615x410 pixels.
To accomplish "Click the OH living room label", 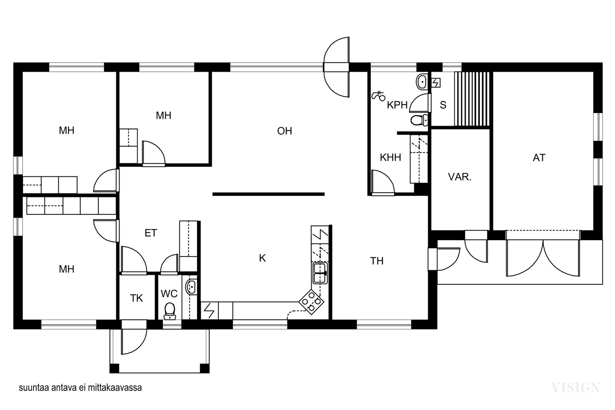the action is pyautogui.click(x=284, y=131).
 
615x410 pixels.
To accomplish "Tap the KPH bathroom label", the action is pyautogui.click(x=397, y=105).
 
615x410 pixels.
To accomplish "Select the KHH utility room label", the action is pyautogui.click(x=391, y=158).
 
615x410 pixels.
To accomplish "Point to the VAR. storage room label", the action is pyautogui.click(x=460, y=177).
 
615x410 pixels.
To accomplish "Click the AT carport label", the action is pyautogui.click(x=539, y=158).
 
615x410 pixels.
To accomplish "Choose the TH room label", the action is pyautogui.click(x=377, y=261).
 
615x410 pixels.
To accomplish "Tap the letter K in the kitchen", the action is pyautogui.click(x=263, y=258).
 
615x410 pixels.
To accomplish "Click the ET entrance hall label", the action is pyautogui.click(x=151, y=233).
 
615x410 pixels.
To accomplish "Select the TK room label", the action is pyautogui.click(x=136, y=298).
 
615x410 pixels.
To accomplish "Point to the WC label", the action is pyautogui.click(x=169, y=294).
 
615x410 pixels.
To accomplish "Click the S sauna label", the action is pyautogui.click(x=443, y=105).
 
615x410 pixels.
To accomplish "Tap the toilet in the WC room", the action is pyautogui.click(x=170, y=311).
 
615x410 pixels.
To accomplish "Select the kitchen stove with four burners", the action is pyautogui.click(x=311, y=302).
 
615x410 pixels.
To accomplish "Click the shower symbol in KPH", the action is pyautogui.click(x=378, y=96).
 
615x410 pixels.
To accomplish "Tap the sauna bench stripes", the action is pyautogui.click(x=472, y=99).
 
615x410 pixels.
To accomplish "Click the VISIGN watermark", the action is pyautogui.click(x=575, y=387).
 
